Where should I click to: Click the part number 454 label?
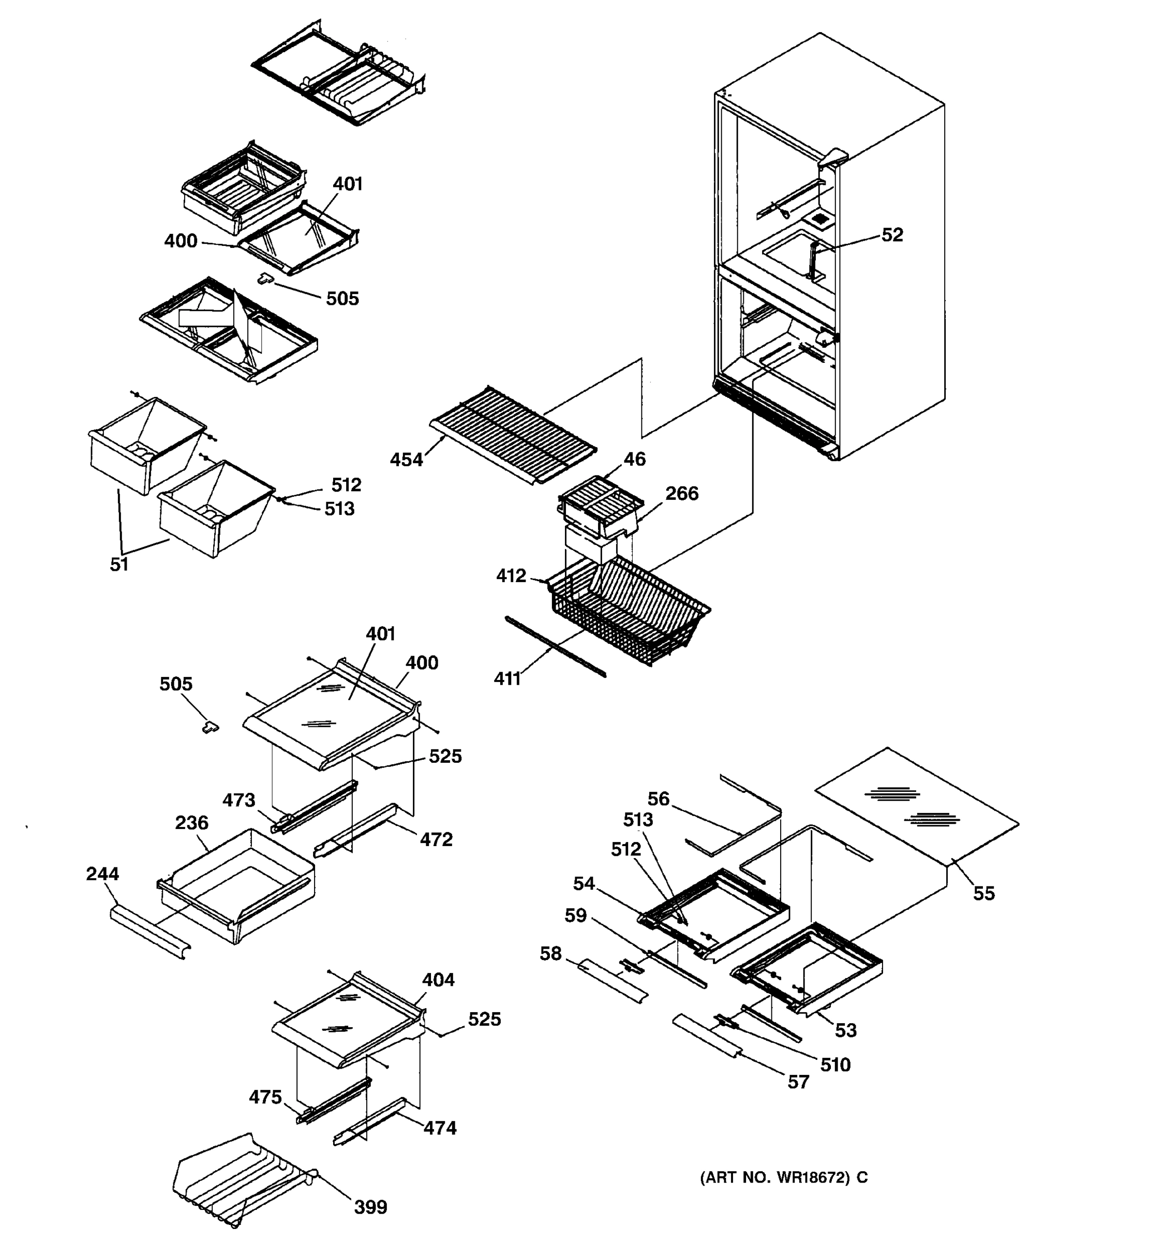pos(406,460)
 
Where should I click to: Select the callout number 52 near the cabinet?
pos(892,235)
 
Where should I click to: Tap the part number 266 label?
pos(681,494)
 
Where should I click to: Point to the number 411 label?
pos(507,678)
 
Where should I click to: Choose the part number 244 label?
pos(102,874)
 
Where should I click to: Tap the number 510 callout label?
pos(835,1064)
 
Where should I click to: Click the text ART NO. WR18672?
pos(783,1178)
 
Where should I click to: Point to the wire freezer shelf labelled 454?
pos(512,431)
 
